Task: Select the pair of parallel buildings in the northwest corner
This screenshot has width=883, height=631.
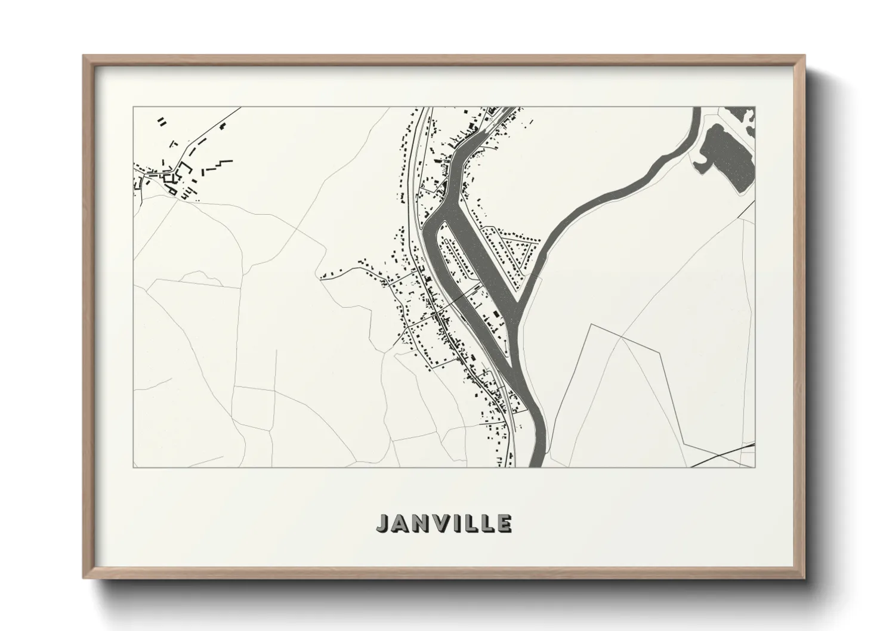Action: [161, 123]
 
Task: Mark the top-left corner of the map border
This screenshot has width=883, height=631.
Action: [133, 107]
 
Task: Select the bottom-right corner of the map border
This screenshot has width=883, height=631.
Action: [755, 467]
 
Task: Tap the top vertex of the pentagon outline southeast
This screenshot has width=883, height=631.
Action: [590, 324]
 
